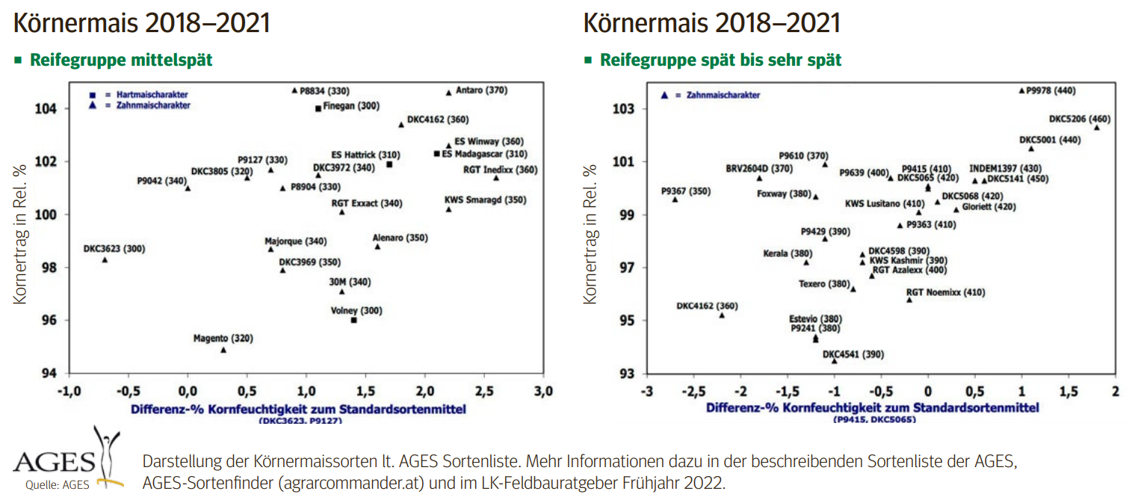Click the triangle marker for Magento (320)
(223, 350)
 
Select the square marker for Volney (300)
(353, 320)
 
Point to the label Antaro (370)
(481, 90)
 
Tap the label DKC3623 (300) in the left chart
(114, 248)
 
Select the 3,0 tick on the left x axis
(544, 392)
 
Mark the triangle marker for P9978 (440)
(1021, 91)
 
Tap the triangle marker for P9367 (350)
(675, 200)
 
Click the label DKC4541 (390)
(853, 354)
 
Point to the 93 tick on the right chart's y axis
(627, 374)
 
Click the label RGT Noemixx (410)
(945, 292)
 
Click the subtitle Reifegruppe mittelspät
(121, 60)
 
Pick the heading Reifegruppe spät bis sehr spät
(720, 60)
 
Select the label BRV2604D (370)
(758, 169)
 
